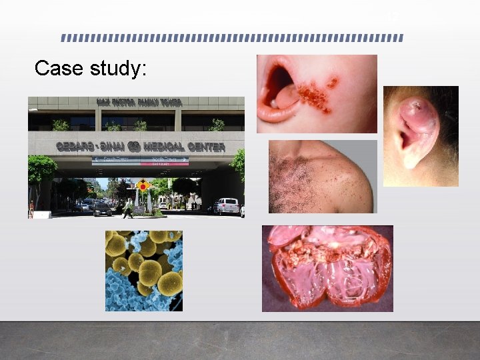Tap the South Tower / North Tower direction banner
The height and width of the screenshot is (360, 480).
click(140, 161)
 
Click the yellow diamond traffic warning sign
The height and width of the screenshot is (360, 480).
click(142, 186)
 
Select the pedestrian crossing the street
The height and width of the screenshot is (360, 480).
click(127, 209)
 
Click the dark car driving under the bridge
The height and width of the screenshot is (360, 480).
click(102, 209)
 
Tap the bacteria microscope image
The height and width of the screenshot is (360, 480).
click(143, 271)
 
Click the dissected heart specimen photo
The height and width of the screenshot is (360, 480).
click(327, 268)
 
